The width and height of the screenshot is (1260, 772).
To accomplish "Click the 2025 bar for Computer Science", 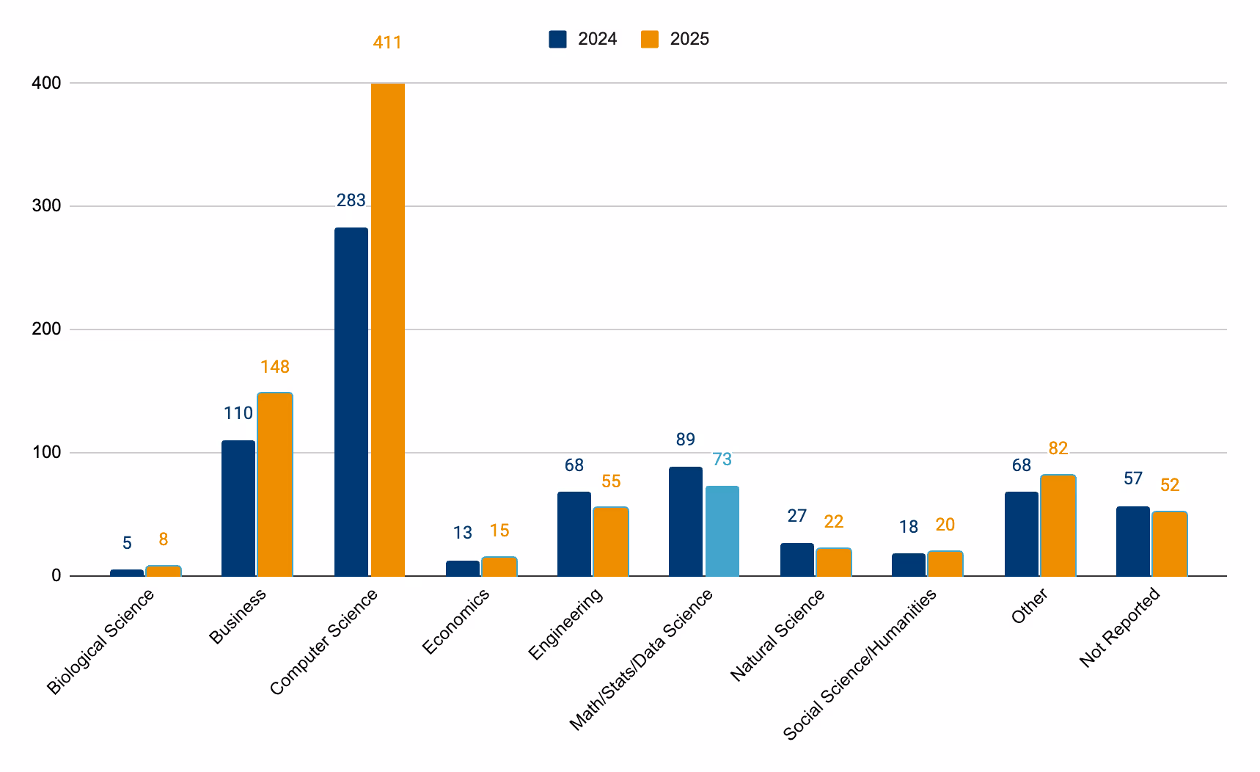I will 387,330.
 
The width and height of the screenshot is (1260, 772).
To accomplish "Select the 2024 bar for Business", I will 238,508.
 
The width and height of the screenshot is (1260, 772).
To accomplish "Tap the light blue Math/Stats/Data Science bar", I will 722,531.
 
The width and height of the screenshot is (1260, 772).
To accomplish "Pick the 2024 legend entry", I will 583,39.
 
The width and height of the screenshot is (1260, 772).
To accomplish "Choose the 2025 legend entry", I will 675,39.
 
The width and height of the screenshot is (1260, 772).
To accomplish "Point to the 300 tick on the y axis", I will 46,206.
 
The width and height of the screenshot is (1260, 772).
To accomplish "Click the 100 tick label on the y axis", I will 46,453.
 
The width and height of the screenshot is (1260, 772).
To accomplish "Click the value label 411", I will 387,43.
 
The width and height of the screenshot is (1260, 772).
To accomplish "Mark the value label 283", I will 351,200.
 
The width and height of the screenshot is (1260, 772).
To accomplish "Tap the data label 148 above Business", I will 275,367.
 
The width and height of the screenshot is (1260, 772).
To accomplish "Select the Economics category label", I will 455,622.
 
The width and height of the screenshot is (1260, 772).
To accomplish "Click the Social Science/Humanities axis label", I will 860,665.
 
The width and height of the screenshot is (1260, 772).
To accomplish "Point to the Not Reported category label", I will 1120,627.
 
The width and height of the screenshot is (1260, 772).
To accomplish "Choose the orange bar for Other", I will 1058,525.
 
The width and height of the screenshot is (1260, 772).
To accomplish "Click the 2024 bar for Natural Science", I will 796,559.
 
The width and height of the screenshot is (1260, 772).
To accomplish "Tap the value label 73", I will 722,459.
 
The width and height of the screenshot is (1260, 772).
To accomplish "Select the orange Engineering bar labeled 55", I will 610,541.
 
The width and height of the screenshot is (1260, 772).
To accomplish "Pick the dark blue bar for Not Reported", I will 1132,541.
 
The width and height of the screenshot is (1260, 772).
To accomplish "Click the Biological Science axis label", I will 100,642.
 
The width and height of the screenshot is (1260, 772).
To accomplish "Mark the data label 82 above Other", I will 1058,448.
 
